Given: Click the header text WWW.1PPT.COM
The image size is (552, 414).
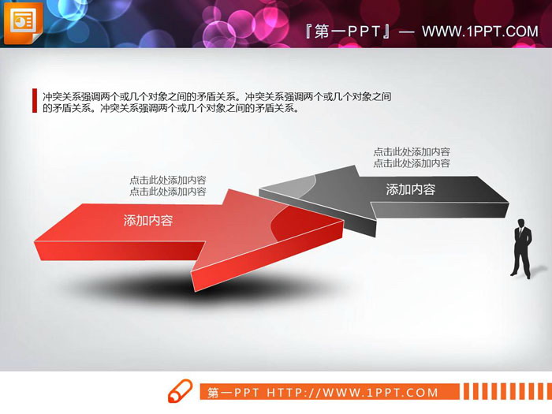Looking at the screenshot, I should [479, 32].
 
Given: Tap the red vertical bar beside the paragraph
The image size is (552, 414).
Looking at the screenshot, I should [34, 101].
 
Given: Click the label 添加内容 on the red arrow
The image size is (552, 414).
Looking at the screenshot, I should [148, 221].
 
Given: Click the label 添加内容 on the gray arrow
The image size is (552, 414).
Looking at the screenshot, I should [410, 189].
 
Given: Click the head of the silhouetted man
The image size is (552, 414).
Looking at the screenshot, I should [522, 221].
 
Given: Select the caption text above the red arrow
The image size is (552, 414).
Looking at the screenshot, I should [168, 185].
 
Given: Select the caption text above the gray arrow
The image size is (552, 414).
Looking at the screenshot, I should [412, 158].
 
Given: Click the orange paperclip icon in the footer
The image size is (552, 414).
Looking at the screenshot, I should [180, 392].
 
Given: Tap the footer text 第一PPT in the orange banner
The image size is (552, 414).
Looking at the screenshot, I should [234, 393].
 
